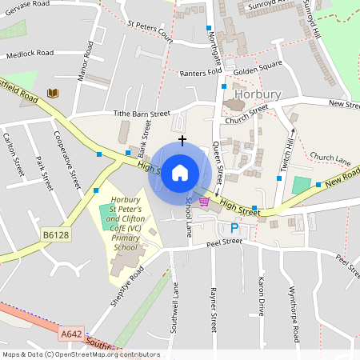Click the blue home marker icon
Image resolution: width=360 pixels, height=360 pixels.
[180, 171]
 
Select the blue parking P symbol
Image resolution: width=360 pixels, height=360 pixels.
[234, 228]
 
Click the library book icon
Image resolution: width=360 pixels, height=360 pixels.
[53, 94]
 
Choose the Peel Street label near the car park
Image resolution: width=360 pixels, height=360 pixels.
[223, 242]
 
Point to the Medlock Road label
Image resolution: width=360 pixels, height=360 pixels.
[29, 53]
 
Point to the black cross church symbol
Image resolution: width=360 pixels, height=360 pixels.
[182, 140]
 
